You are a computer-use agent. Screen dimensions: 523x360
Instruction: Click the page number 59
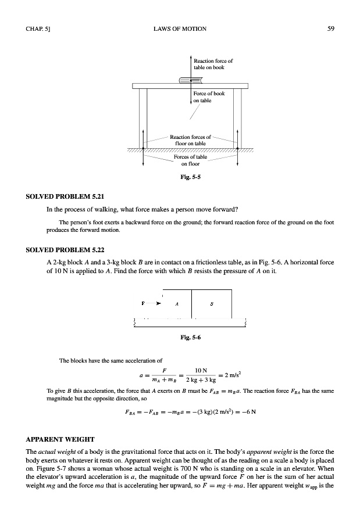[x=331, y=28]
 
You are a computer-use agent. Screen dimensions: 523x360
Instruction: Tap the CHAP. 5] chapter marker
[x=38, y=28]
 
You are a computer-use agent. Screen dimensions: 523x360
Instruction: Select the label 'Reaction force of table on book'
[x=213, y=64]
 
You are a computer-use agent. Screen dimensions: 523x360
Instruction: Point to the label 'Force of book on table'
[x=209, y=96]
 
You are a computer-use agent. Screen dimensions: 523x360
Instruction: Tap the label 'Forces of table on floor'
[x=190, y=160]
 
